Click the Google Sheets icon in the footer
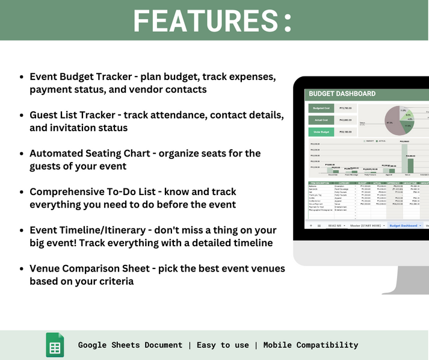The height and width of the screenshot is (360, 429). pyautogui.click(x=55, y=345)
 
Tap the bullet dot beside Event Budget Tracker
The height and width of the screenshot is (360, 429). pyautogui.click(x=22, y=78)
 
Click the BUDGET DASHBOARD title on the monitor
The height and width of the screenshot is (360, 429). pyautogui.click(x=342, y=94)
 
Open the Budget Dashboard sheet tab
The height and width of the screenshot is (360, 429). pyautogui.click(x=404, y=225)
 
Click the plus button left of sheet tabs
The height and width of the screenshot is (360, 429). pyautogui.click(x=311, y=225)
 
